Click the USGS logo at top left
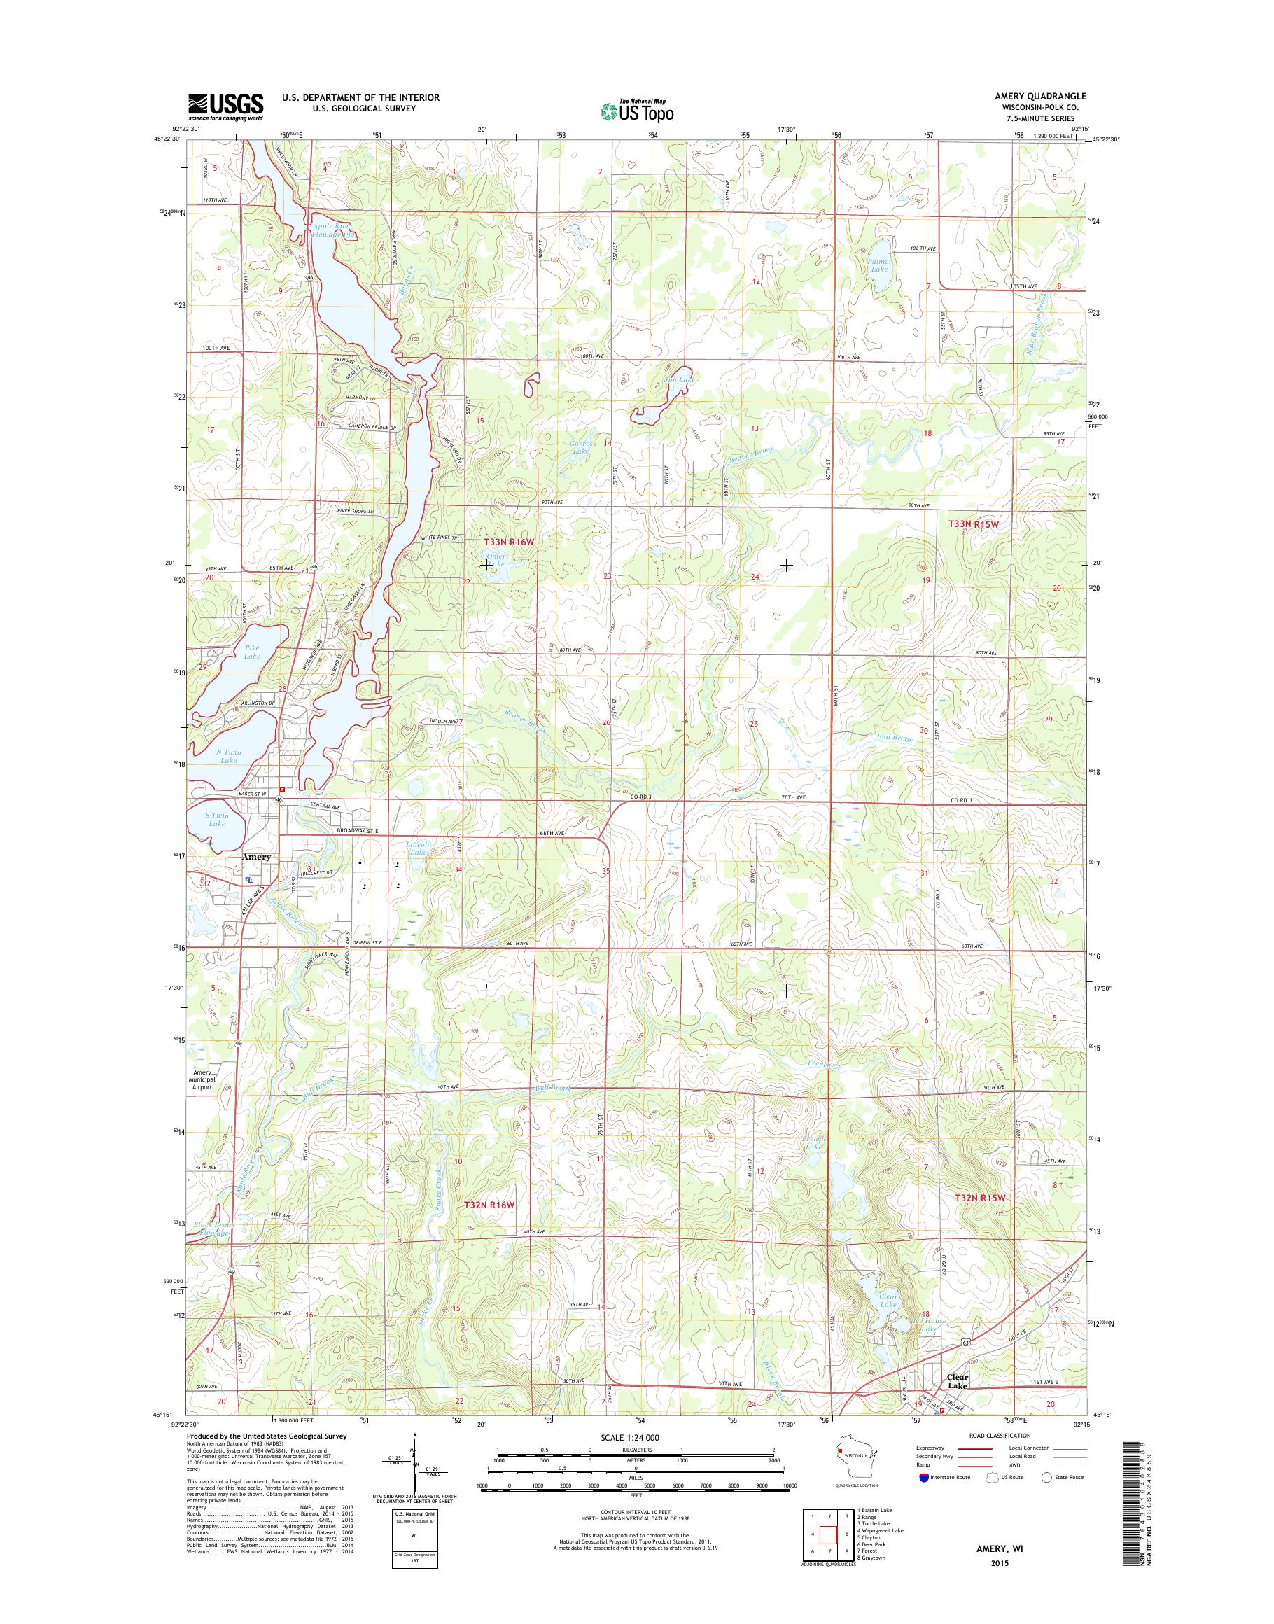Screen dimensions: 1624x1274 [225, 106]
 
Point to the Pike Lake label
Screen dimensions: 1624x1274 [252, 652]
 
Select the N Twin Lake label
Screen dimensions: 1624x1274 [228, 757]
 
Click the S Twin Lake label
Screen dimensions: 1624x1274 [216, 819]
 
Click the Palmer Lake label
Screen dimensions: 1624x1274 [879, 265]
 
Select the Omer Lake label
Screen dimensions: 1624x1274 [496, 559]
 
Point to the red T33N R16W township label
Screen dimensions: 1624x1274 [509, 541]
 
